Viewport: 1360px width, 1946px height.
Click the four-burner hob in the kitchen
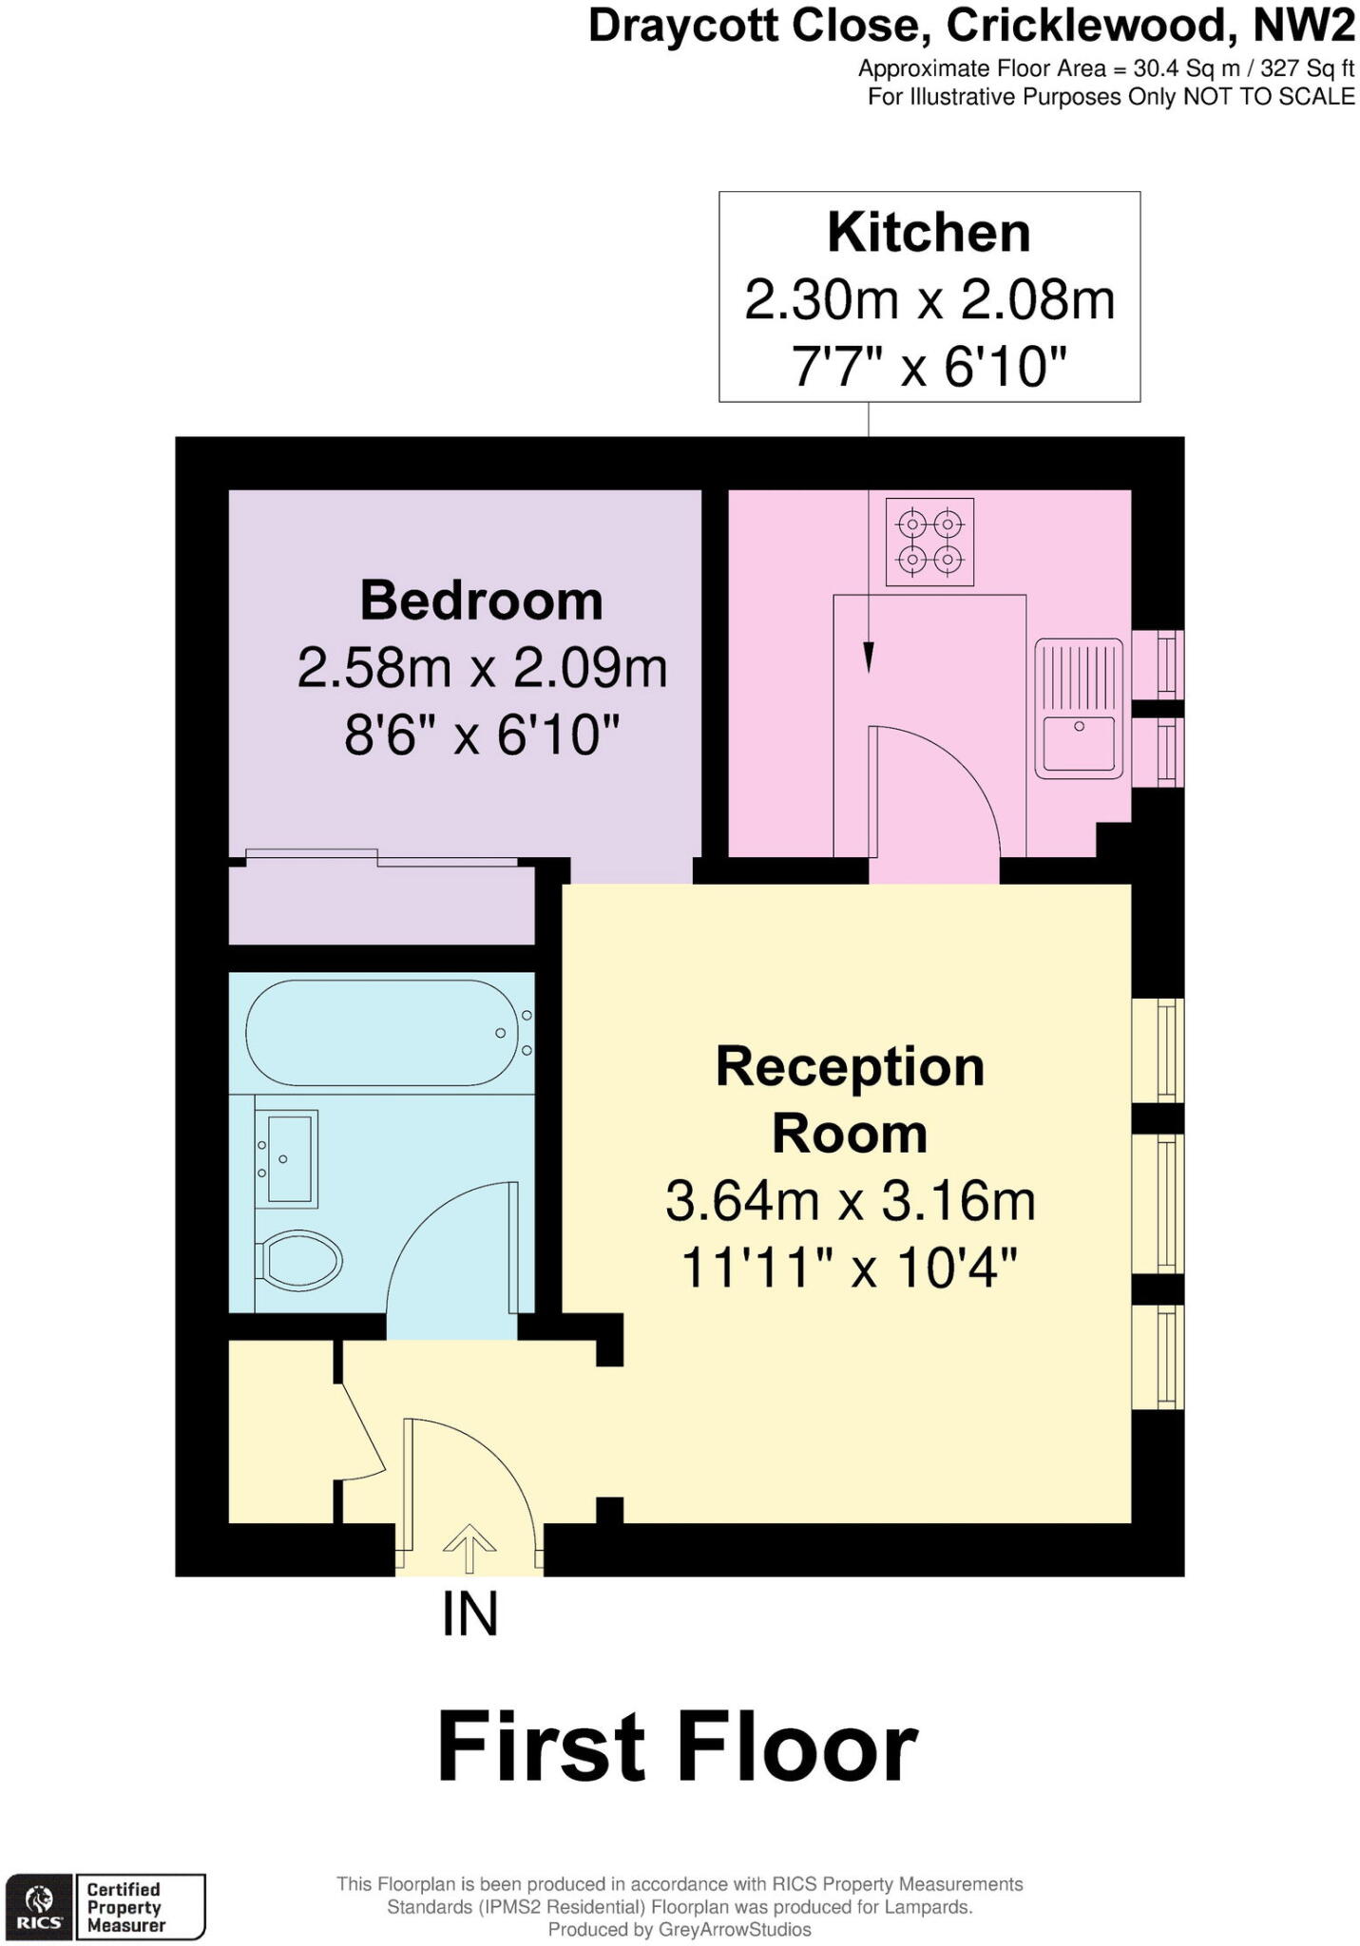[929, 542]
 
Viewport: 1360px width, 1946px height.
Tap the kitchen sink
[1079, 708]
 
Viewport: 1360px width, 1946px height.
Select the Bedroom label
[481, 601]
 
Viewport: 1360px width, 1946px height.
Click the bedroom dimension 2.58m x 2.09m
[482, 668]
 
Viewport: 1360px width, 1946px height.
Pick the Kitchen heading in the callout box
[929, 233]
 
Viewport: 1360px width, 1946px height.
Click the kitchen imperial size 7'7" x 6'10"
[929, 366]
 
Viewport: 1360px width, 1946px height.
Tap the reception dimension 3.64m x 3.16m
[850, 1200]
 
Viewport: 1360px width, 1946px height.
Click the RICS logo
[39, 1906]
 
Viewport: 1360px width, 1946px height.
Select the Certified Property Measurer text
[126, 1907]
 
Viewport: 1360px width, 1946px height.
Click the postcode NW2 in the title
[1303, 26]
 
